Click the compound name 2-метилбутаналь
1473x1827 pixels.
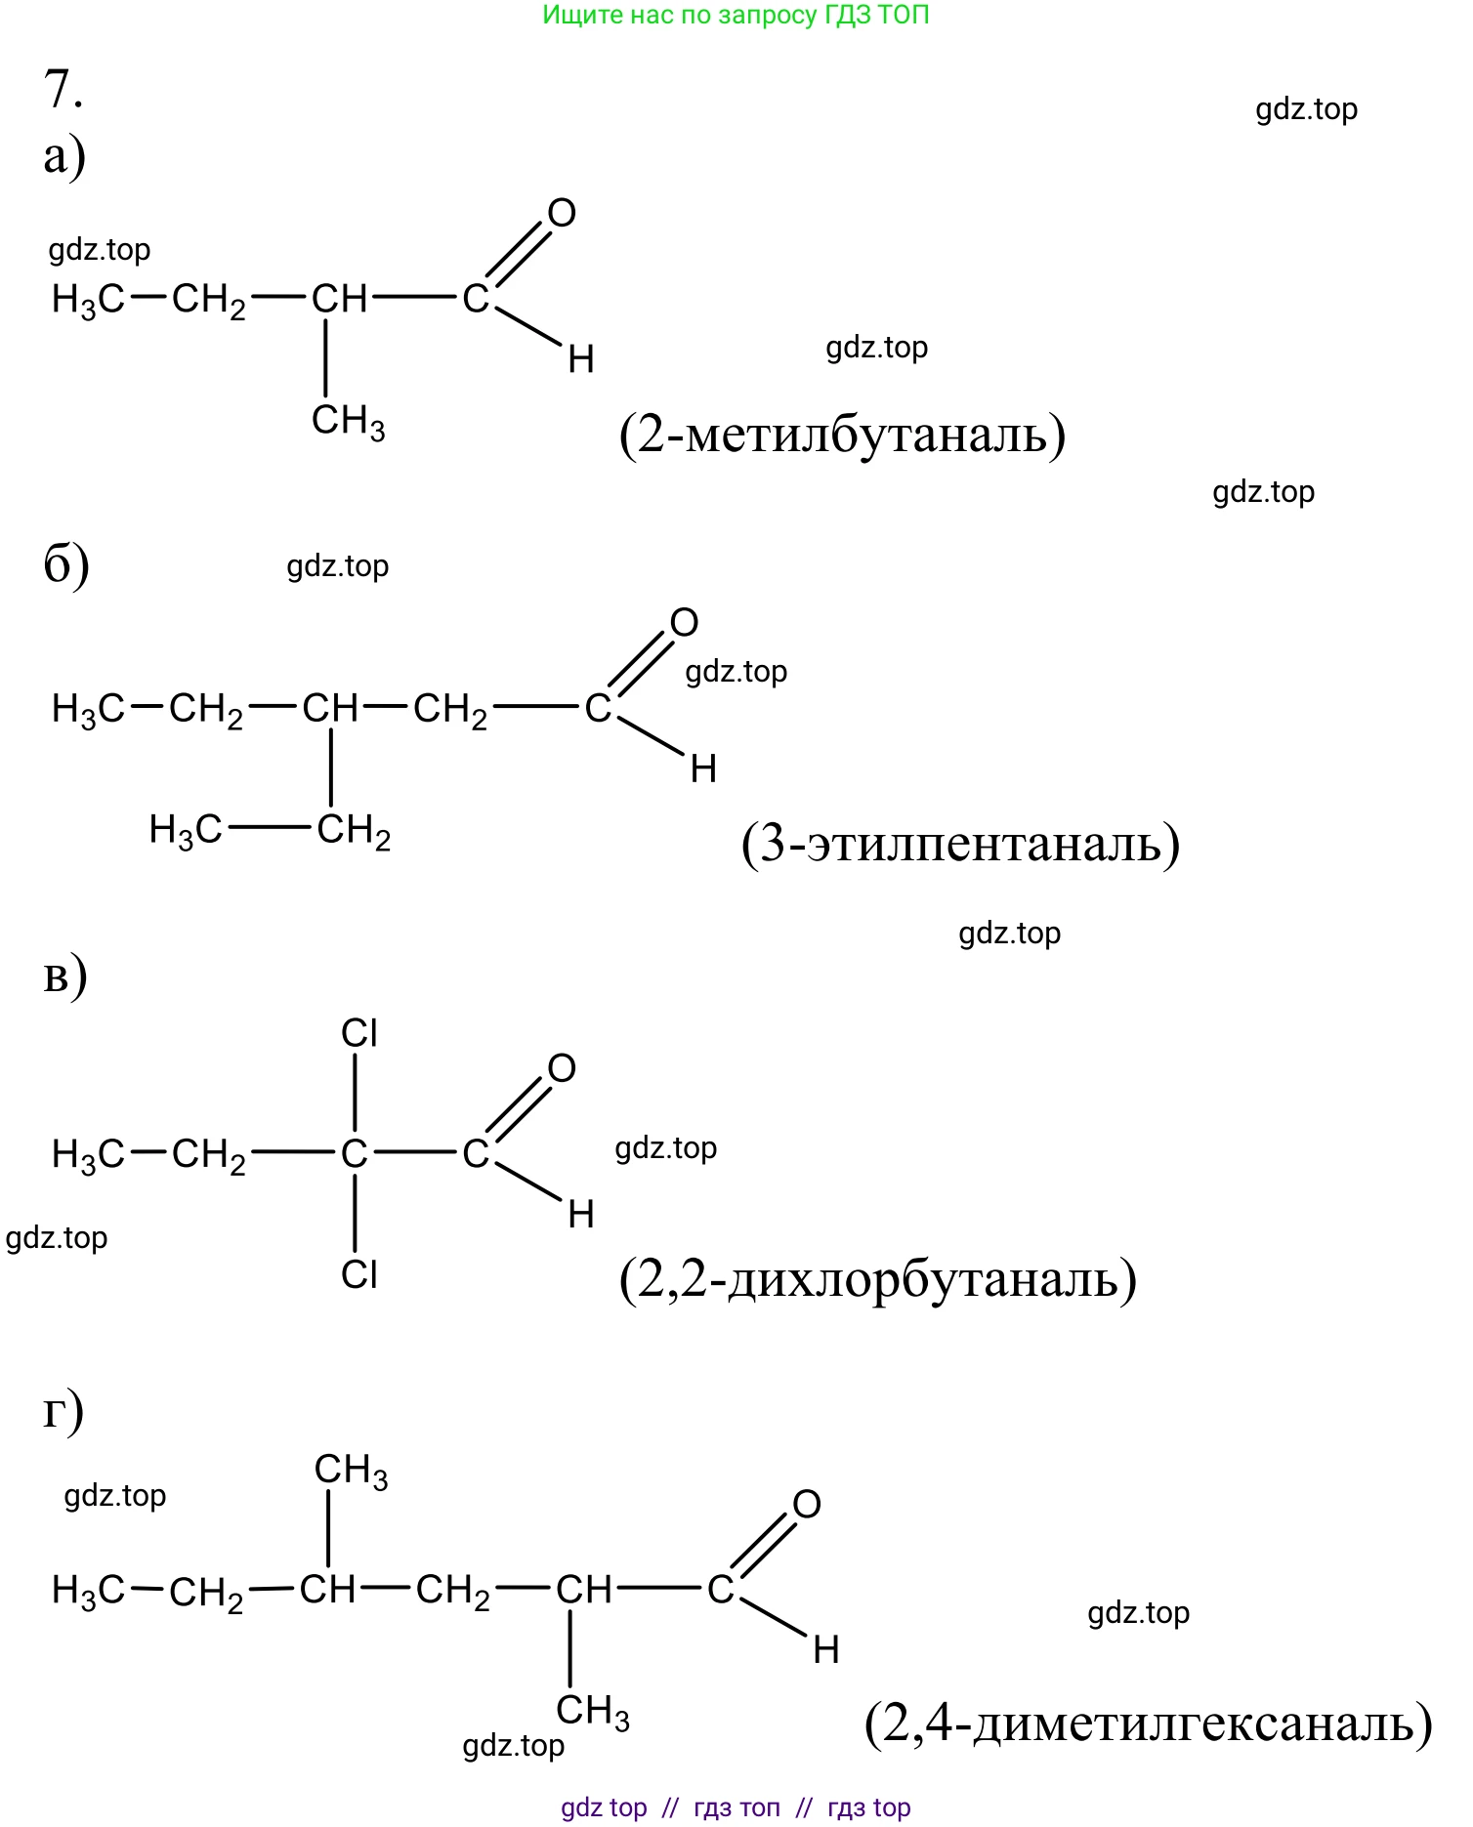[x=842, y=435]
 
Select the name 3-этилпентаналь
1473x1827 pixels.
[x=960, y=845]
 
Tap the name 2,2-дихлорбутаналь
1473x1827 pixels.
[x=878, y=1279]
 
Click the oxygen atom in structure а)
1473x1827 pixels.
[x=562, y=213]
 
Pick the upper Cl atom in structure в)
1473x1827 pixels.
[x=359, y=1033]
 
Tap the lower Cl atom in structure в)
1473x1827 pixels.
[x=359, y=1274]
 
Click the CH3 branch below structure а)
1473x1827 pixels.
[x=348, y=422]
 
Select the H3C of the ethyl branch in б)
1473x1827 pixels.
[x=185, y=831]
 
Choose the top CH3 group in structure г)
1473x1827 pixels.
[x=351, y=1471]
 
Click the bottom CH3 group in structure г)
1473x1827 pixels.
[x=592, y=1712]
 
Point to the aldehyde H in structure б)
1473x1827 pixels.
[x=703, y=769]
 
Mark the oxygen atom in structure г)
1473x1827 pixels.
[x=807, y=1505]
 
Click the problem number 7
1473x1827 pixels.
[x=63, y=89]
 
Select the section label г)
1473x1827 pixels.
[x=63, y=1412]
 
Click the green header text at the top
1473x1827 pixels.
[x=736, y=15]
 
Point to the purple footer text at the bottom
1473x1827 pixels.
[x=736, y=1807]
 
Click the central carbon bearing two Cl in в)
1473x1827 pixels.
[x=354, y=1154]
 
